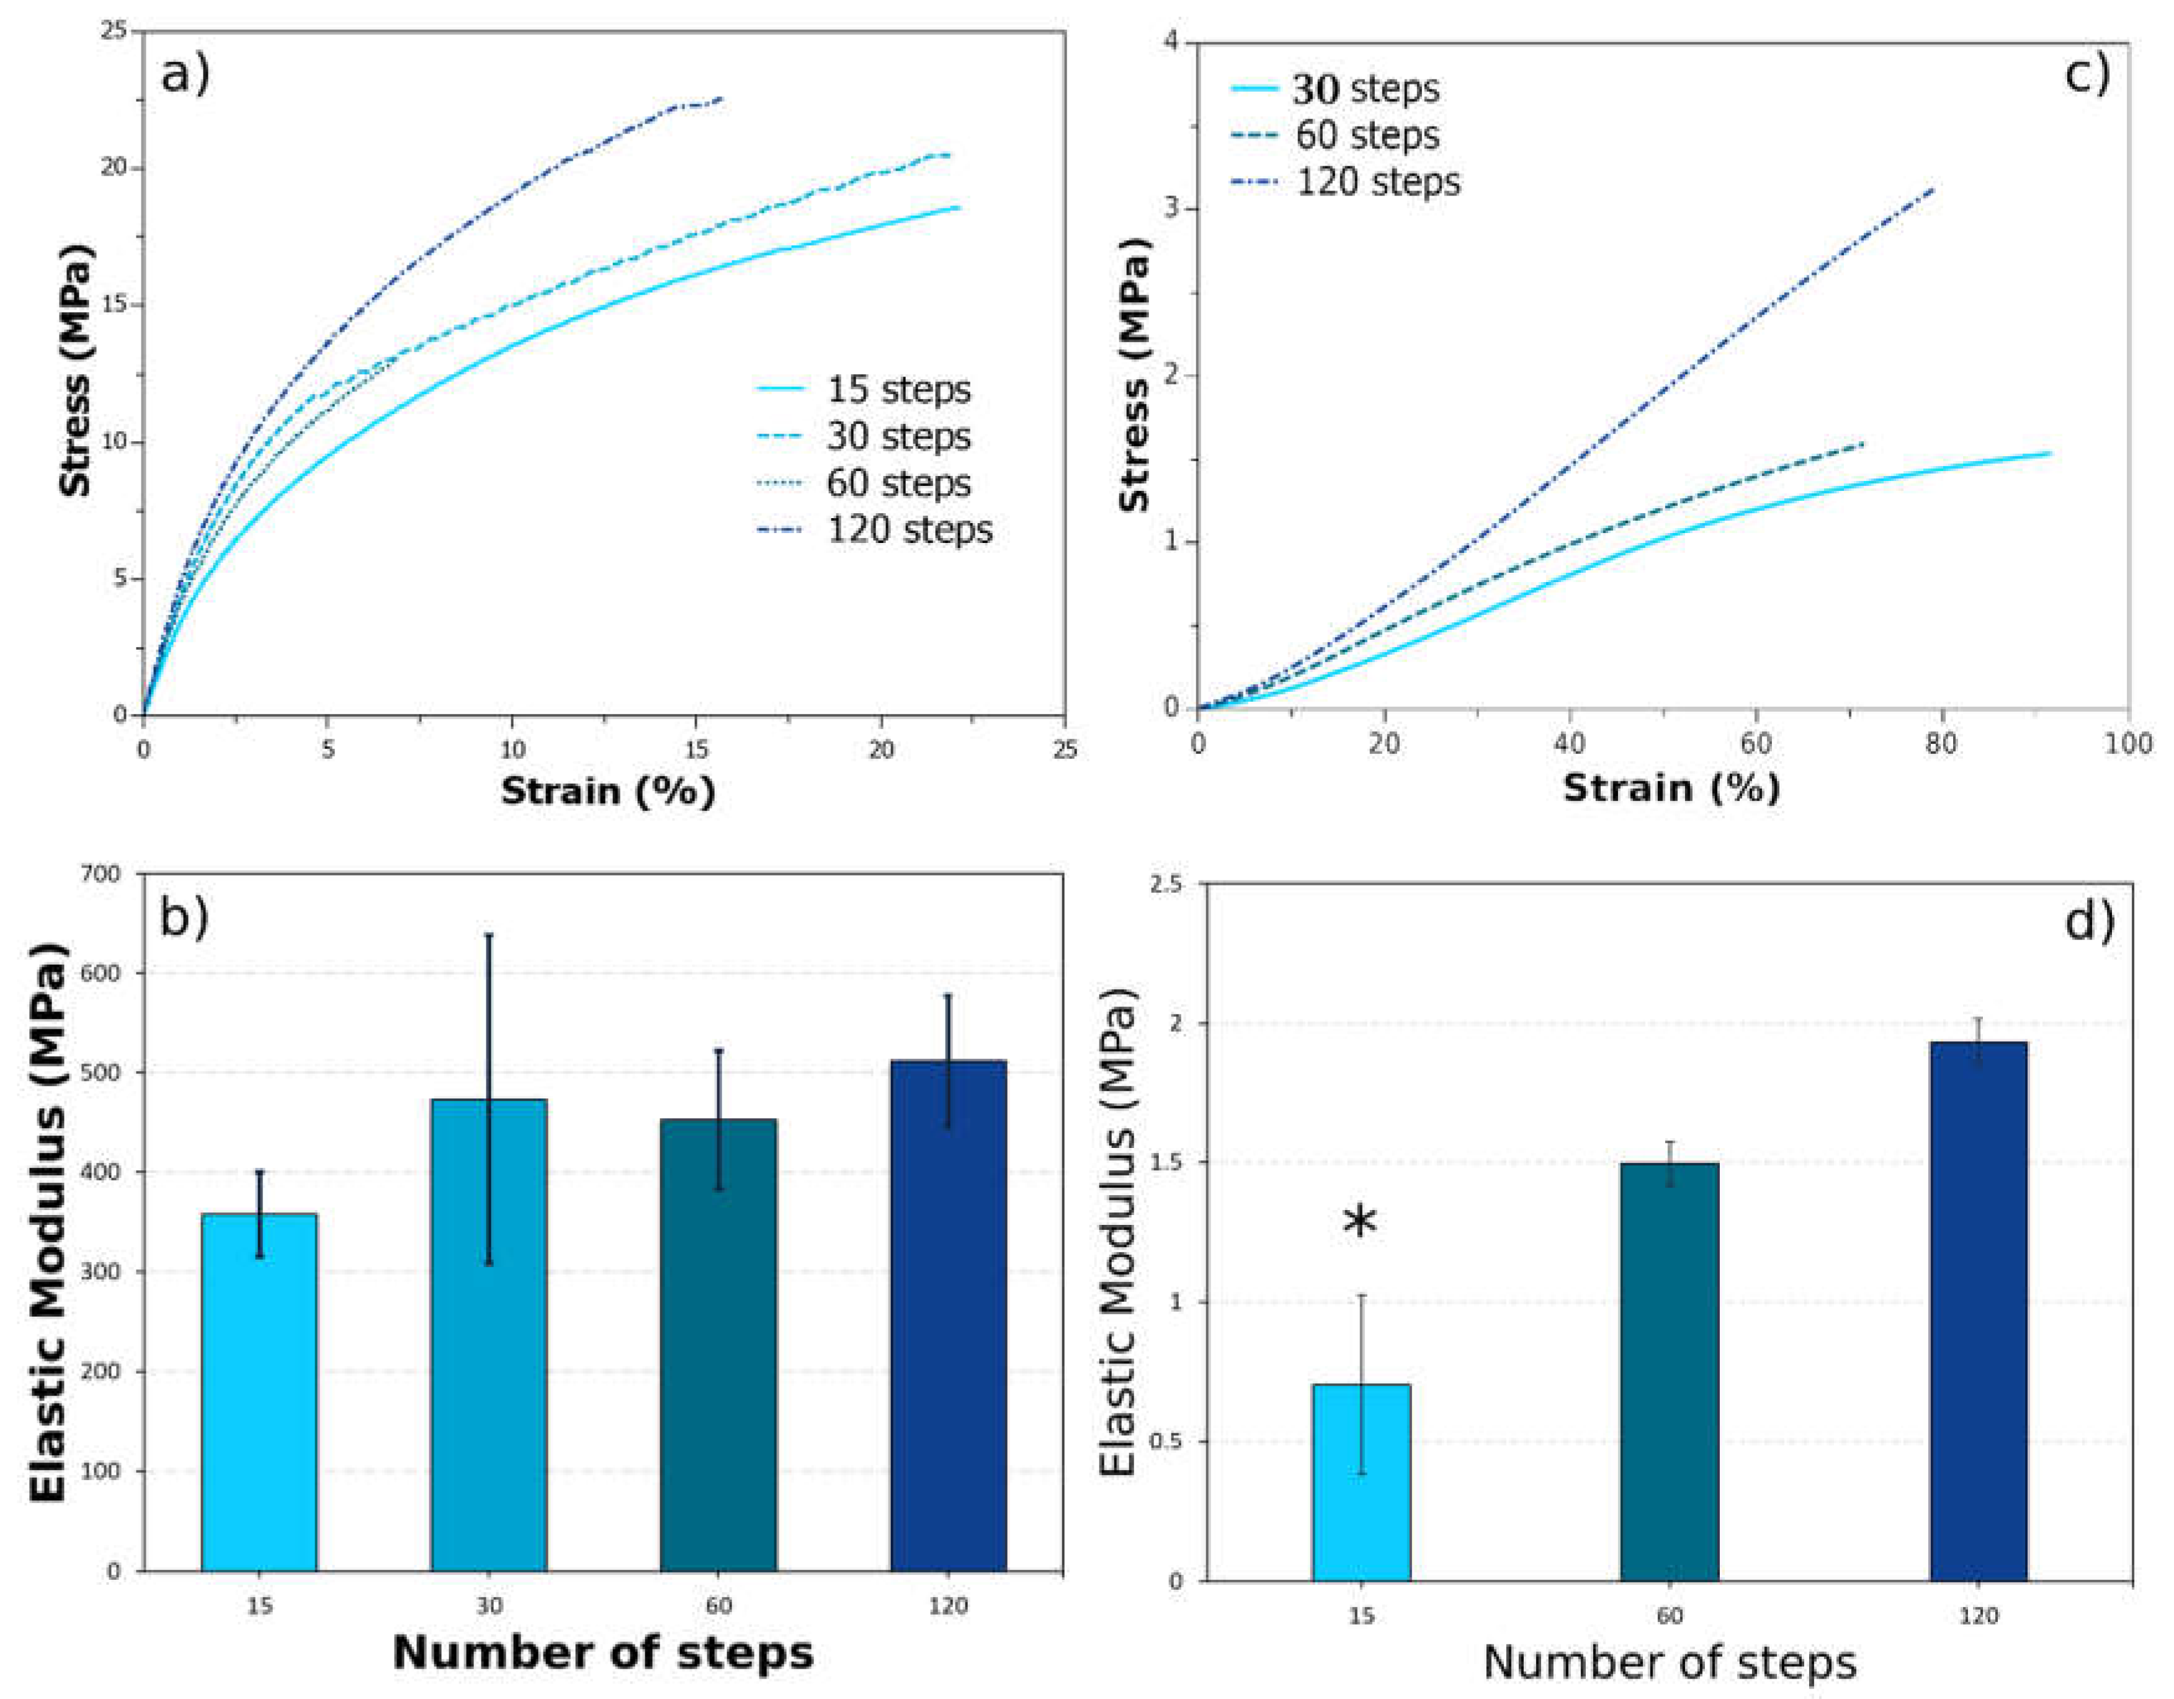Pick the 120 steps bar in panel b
[947, 1316]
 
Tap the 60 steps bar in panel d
[1670, 1371]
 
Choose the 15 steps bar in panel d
[1361, 1482]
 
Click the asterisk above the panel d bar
[1360, 1223]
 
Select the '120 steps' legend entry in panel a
[874, 529]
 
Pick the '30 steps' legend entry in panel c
[1335, 89]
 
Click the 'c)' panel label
[2087, 71]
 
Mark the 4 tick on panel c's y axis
[1171, 42]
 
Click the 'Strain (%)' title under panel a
[608, 791]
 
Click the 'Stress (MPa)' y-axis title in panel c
[1134, 375]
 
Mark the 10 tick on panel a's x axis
[512, 748]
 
